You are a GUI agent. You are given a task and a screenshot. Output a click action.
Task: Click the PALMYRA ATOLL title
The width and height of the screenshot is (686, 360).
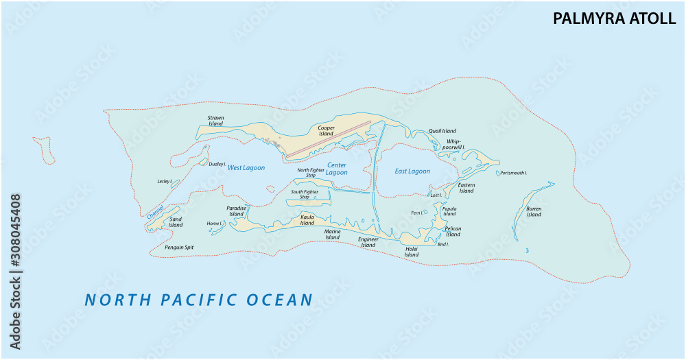615,19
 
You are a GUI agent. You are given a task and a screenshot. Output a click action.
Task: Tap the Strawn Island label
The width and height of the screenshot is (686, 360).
215,121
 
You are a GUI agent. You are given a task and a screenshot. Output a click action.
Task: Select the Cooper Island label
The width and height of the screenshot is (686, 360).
326,130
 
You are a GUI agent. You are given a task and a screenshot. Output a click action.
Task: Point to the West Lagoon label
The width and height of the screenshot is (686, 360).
246,168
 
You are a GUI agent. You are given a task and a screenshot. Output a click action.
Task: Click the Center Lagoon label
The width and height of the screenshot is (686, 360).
336,169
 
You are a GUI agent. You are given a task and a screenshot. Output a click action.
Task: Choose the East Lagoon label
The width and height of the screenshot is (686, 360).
412,171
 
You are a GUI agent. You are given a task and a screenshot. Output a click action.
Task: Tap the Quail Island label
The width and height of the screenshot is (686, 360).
442,131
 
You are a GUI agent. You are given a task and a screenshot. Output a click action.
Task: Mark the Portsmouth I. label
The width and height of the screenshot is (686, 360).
514,173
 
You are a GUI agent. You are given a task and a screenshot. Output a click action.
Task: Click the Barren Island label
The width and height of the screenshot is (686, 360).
534,211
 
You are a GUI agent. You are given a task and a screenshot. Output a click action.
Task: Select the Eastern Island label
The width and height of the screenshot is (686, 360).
466,188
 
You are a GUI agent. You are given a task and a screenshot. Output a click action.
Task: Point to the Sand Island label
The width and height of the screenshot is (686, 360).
176,221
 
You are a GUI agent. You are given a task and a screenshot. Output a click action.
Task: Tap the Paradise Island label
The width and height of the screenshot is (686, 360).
236,211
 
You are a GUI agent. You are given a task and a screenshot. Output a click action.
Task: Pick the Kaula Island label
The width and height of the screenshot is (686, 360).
307,219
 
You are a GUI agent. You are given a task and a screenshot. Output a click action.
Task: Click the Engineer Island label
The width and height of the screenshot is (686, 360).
368,242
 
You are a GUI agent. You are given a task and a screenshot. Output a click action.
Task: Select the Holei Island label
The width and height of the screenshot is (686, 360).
411,252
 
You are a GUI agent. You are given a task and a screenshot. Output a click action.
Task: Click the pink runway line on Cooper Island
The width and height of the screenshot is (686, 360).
328,139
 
